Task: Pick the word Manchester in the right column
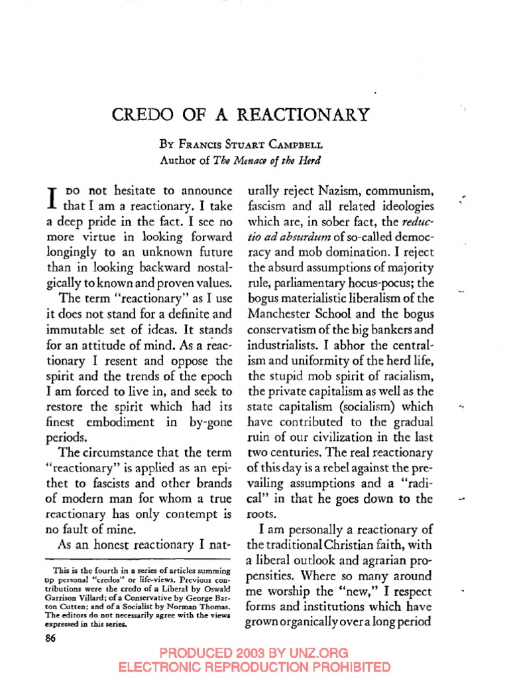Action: tap(280, 312)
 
